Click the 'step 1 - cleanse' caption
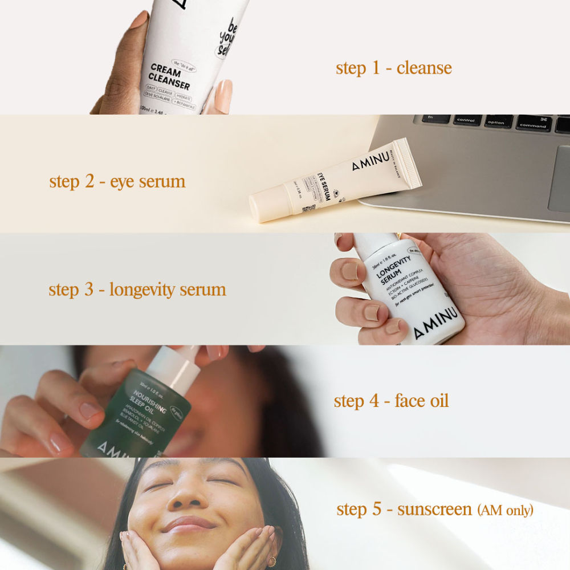coord(393,68)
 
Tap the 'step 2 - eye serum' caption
coord(117,182)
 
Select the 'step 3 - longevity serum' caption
coord(137,290)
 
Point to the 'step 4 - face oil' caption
coord(391,401)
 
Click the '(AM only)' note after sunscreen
coord(505,510)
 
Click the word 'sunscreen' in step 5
coord(435,509)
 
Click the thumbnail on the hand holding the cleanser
coord(223,95)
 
